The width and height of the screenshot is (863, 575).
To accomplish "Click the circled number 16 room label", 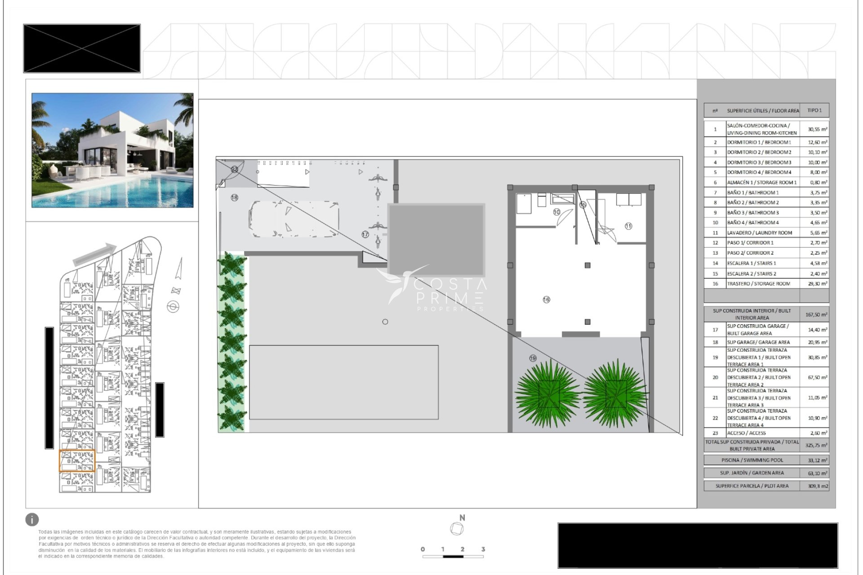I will pos(546,300).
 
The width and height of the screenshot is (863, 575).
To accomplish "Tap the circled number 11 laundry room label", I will pos(628,226).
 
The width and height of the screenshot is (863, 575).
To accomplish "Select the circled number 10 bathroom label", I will pos(556,212).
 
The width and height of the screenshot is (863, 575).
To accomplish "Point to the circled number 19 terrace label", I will pos(533,358).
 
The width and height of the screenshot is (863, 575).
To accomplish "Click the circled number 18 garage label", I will pos(234,197).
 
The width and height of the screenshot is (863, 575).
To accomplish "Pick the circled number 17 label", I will pos(365,234).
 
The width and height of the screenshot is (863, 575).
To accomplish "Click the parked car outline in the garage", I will pos(293,219).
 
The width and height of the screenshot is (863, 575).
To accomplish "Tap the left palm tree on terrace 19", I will pos(548,393).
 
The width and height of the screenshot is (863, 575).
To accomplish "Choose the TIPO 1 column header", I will pos(814,111).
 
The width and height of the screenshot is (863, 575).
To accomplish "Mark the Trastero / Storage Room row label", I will pos(758,284).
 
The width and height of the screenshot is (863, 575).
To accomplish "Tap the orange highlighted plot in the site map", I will pos(77,461).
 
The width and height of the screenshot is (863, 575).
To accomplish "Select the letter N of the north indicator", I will pos(462,518).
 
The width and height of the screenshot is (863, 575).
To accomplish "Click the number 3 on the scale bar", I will pos(483,549).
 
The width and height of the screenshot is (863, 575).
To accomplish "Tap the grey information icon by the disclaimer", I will pos(32,520).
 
